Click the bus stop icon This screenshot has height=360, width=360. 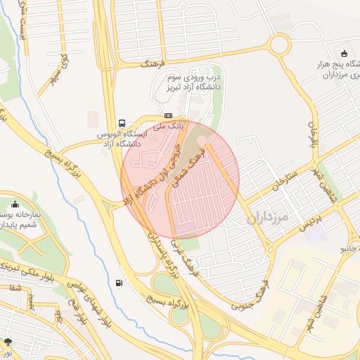[x=123, y=122]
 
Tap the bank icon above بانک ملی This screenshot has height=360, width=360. [x=168, y=115]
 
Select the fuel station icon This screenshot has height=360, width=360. [x=118, y=283]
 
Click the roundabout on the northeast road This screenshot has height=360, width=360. [x=278, y=46]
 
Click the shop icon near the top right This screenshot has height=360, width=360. [x=343, y=54]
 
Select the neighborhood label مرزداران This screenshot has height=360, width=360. [x=269, y=218]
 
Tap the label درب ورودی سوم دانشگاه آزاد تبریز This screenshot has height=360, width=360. [x=193, y=81]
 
